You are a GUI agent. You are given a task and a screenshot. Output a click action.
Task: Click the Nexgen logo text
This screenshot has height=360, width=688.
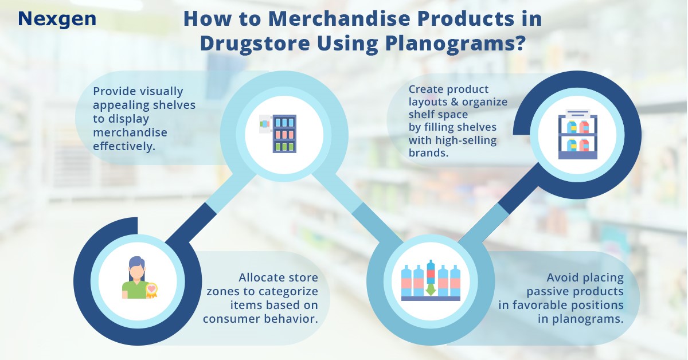57,19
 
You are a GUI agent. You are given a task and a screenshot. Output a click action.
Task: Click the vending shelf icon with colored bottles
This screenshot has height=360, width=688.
279,133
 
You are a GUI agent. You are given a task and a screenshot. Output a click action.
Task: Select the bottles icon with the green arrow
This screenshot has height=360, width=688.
430,281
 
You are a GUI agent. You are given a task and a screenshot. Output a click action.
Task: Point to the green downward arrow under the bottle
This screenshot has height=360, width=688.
430,289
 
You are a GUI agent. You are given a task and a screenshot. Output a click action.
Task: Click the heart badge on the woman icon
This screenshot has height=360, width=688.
151,289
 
